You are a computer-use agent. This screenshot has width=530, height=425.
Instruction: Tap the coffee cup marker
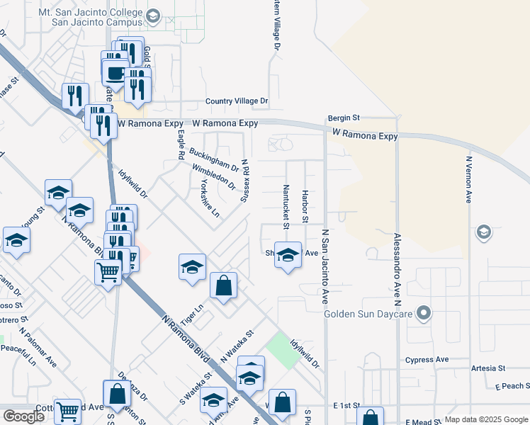115,72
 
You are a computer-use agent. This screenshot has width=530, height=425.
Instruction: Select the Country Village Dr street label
237,102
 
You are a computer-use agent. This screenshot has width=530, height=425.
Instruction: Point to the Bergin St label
344,118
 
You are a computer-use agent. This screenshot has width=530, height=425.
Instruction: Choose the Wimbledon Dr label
213,177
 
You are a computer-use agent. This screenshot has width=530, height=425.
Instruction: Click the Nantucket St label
286,207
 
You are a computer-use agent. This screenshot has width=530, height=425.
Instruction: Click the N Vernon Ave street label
468,180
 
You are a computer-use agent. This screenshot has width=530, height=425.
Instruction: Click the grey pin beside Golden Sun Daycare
424,312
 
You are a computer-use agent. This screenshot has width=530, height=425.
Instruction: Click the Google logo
23,416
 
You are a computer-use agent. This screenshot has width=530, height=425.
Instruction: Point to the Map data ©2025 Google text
485,419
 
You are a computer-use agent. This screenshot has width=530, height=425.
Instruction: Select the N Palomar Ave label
39,346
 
